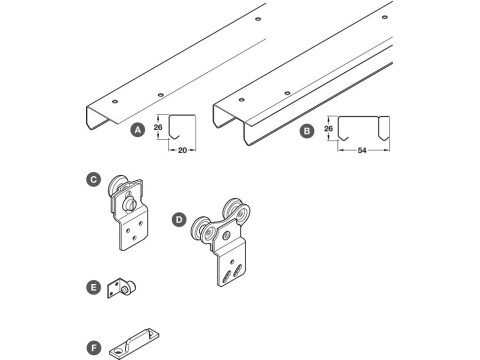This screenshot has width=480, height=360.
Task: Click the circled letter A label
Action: tap(137, 129)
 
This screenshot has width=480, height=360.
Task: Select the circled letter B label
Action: tap(306, 129)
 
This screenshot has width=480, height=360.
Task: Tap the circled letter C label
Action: tap(93, 180)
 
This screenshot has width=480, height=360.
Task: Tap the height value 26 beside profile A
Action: tap(157, 128)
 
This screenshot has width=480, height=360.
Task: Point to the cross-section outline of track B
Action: tap(366, 128)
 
